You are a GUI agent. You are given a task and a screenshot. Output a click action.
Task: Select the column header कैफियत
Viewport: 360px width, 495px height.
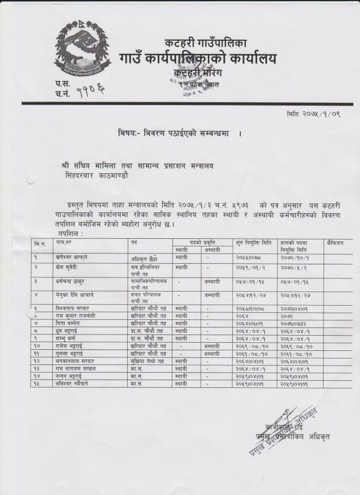pyautogui.click(x=337, y=242)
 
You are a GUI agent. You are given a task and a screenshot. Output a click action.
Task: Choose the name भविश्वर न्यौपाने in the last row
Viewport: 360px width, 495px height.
pyautogui.click(x=76, y=384)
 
